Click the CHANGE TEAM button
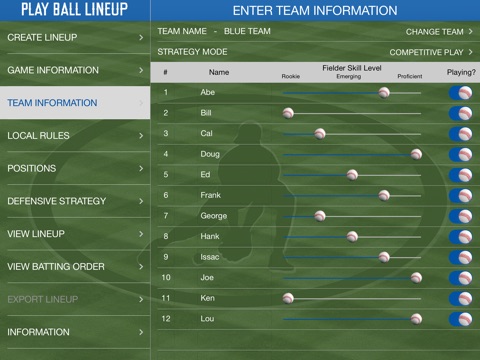pos(439,31)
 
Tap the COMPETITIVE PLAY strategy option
pos(431,51)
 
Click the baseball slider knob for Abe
pos(384,92)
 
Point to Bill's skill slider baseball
pos(288,113)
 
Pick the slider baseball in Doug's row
pos(416,154)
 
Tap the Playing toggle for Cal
pos(461,133)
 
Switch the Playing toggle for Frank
pos(461,195)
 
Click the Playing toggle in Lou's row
pos(461,319)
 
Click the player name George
pos(213,216)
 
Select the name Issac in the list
pos(210,257)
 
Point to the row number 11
pos(166,298)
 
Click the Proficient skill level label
pos(409,76)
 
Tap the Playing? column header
pos(461,72)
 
